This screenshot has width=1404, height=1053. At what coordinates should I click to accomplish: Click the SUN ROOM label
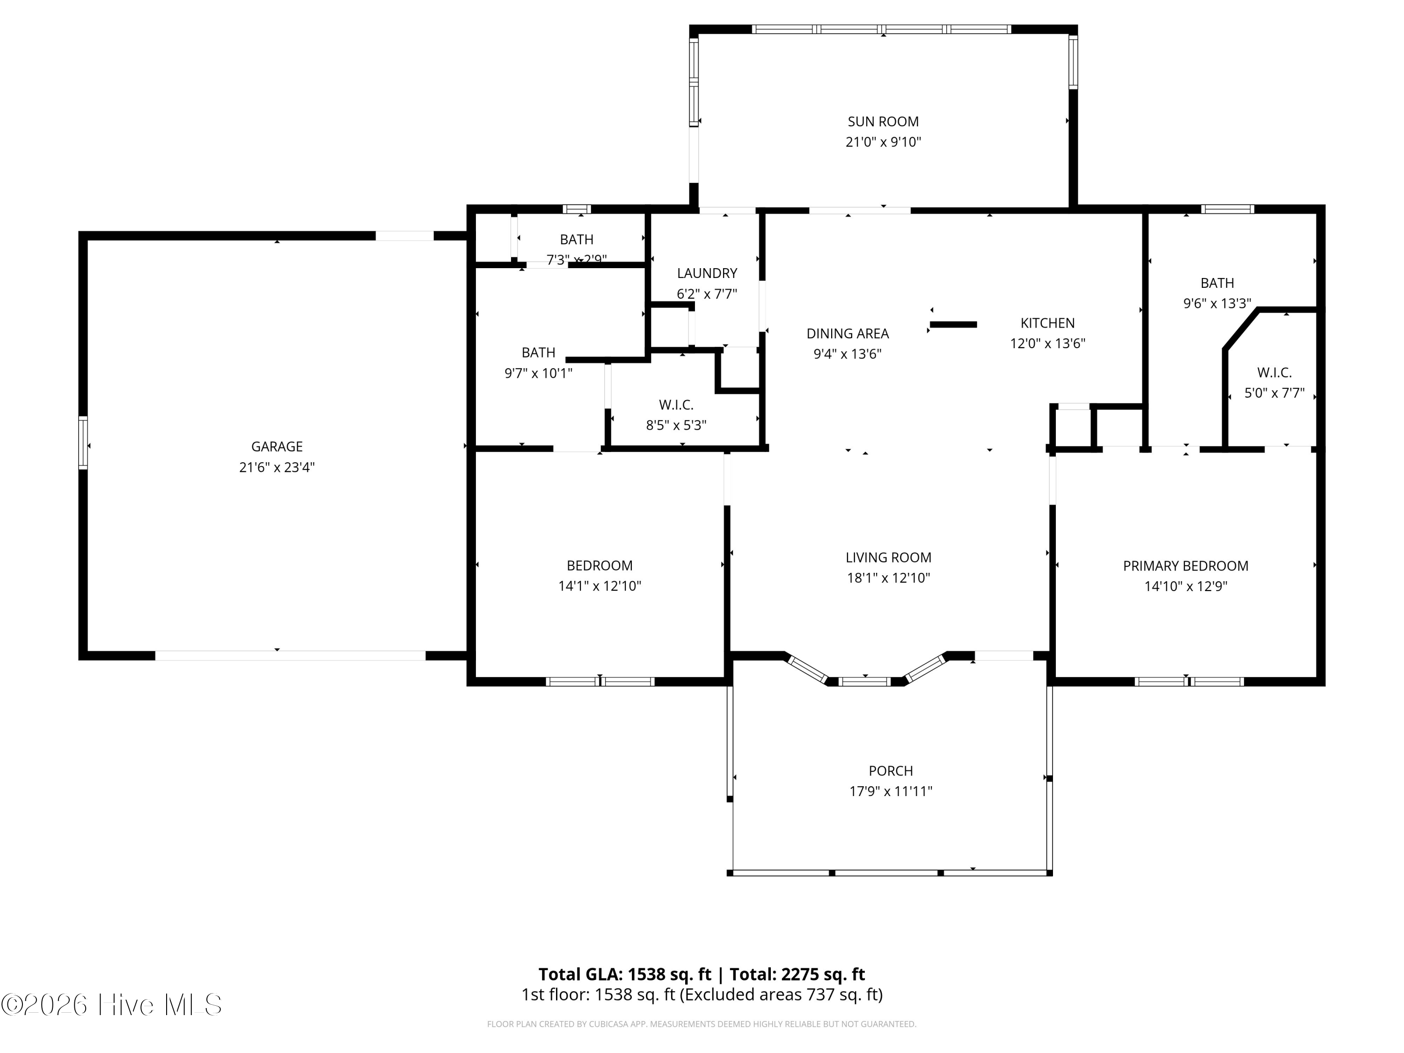(883, 121)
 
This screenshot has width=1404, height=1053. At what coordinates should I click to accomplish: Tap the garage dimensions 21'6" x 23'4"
(277, 467)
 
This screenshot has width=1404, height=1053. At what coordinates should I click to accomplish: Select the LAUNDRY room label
(706, 273)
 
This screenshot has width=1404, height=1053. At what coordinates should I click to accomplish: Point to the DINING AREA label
(848, 333)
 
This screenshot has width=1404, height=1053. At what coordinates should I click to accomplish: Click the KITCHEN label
(1047, 322)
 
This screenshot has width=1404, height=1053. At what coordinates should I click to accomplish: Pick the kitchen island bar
(953, 324)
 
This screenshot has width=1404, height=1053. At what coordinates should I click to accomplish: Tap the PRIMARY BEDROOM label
(1185, 565)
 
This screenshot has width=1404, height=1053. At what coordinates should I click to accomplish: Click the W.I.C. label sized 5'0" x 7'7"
(1274, 373)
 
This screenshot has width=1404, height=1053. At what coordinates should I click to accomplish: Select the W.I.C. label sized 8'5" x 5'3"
(676, 404)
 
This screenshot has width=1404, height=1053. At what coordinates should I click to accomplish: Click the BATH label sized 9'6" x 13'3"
(1217, 283)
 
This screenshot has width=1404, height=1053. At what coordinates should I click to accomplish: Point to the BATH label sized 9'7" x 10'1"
(538, 352)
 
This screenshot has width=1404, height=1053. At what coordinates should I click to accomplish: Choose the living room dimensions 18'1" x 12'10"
(888, 578)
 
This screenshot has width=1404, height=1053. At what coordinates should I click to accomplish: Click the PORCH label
(891, 770)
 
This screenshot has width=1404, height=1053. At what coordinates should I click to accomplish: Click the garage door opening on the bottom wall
(290, 656)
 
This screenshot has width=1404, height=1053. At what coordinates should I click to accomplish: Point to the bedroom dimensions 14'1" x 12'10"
(599, 586)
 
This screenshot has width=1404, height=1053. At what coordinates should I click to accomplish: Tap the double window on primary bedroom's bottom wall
(1188, 682)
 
